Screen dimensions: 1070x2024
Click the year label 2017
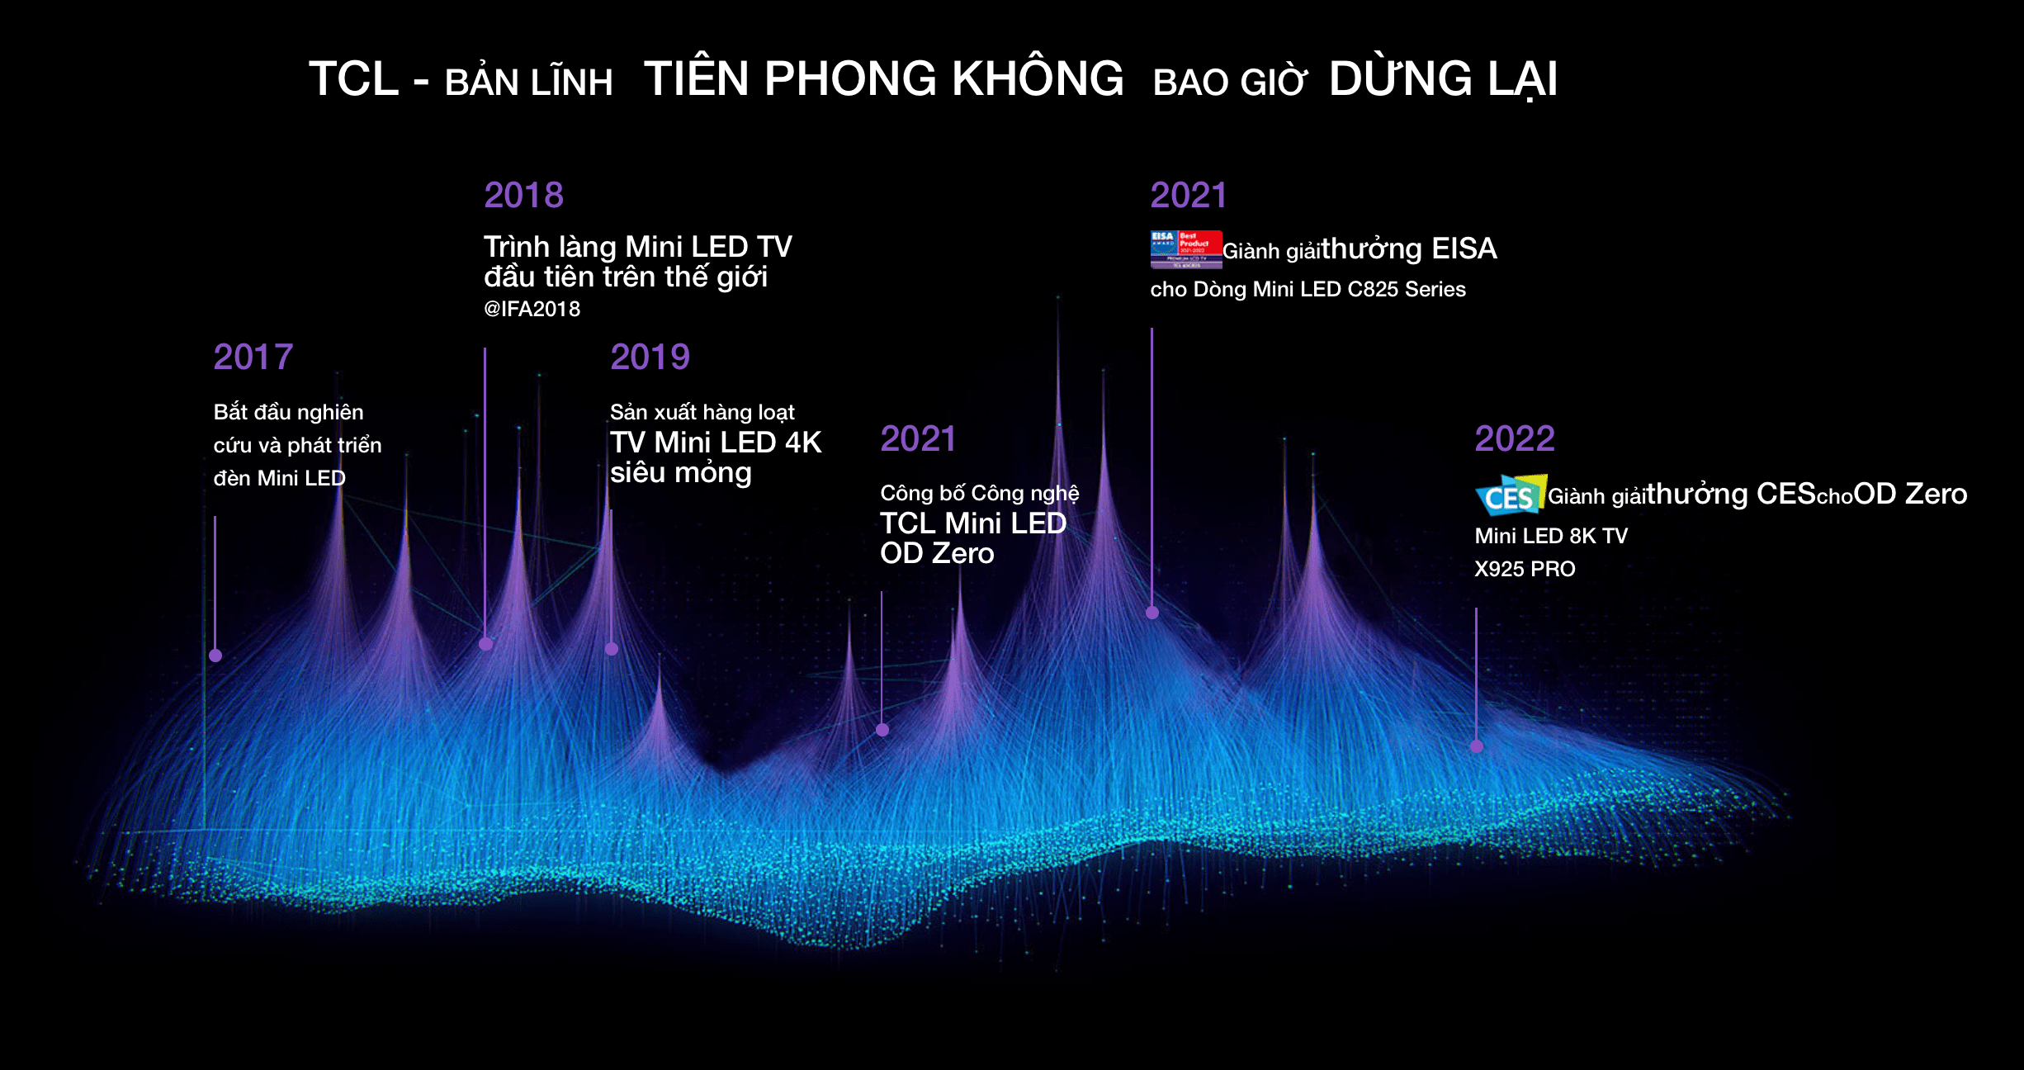click(x=253, y=357)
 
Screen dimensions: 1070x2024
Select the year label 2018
click(x=523, y=196)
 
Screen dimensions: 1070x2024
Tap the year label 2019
click(x=650, y=357)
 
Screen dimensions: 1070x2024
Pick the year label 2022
click(x=1515, y=438)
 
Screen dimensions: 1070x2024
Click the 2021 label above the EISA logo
click(x=1189, y=196)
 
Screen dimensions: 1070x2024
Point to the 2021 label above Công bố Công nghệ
click(x=918, y=439)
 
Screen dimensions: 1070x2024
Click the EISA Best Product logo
click(x=1185, y=249)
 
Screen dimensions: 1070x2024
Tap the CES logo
click(x=1510, y=495)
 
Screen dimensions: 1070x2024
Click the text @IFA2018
click(x=532, y=309)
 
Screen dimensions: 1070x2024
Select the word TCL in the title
click(x=353, y=80)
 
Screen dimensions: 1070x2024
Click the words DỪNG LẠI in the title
click(x=1443, y=80)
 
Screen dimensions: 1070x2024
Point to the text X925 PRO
click(x=1525, y=569)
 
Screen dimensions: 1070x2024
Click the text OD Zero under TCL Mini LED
click(x=937, y=553)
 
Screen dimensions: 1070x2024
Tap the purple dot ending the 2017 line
click(x=215, y=656)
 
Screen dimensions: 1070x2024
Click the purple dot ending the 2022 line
click(x=1477, y=746)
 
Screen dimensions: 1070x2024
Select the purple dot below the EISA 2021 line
click(x=1152, y=613)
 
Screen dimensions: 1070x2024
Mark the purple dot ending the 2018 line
click(x=485, y=644)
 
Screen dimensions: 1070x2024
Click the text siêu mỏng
click(x=681, y=472)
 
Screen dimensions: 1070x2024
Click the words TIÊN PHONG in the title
click(x=790, y=80)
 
